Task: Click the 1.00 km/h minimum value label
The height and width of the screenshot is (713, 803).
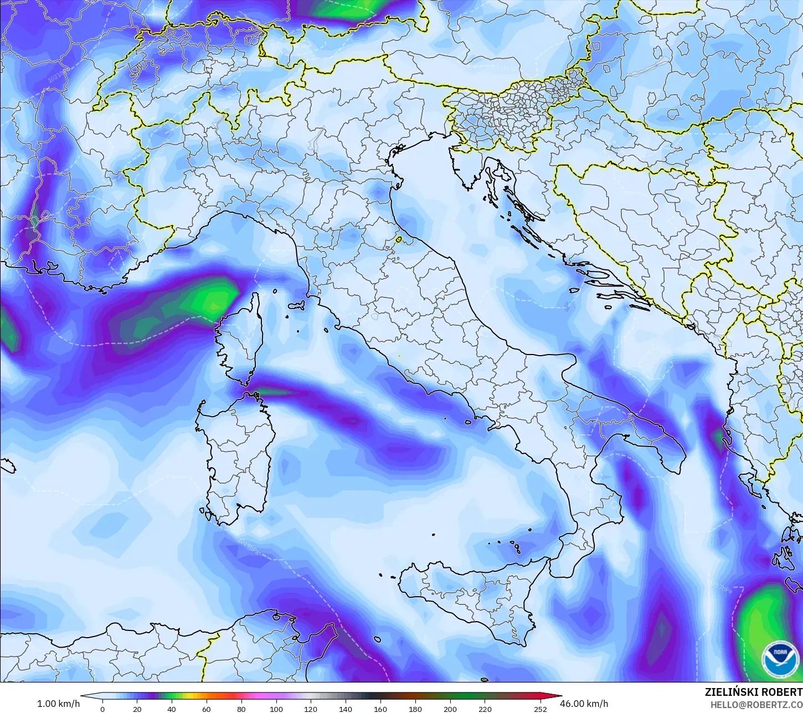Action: (58, 704)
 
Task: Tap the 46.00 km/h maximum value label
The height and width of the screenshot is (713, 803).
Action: (584, 704)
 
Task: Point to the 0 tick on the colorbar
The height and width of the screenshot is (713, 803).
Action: (102, 709)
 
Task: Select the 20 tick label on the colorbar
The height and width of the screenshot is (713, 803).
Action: (137, 709)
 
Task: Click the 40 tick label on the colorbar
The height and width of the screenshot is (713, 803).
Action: (172, 709)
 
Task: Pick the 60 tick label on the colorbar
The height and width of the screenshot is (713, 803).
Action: (207, 709)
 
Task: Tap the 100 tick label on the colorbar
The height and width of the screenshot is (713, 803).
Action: (276, 709)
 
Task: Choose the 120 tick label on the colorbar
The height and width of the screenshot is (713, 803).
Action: (311, 709)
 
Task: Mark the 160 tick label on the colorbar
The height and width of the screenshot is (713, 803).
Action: (380, 709)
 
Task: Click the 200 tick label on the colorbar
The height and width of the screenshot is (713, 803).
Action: (450, 709)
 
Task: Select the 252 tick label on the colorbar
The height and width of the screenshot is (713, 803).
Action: (540, 709)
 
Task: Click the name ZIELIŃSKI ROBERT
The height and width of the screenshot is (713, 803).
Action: (753, 692)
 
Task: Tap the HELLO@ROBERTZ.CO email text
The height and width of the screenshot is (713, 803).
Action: (756, 705)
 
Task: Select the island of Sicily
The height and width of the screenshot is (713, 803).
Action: (471, 598)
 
